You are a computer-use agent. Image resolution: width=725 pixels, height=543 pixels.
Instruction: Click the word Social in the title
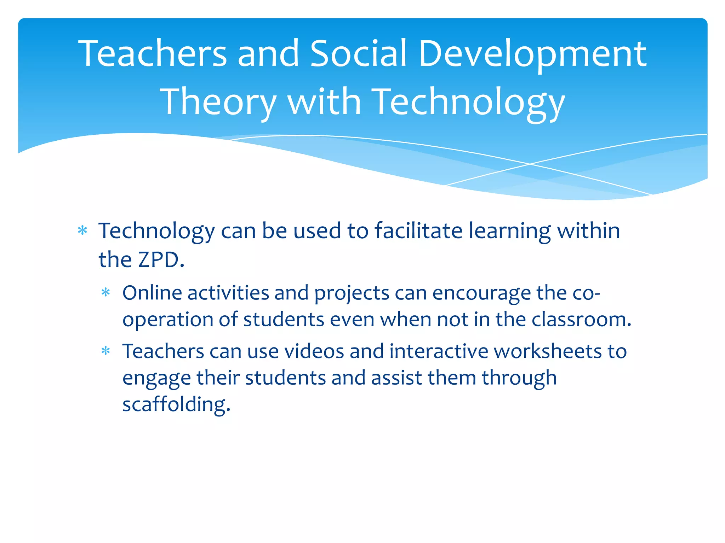[358, 54]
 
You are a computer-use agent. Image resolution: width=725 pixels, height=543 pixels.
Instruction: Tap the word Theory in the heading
[218, 103]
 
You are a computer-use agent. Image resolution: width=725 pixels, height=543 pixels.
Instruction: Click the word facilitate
[418, 231]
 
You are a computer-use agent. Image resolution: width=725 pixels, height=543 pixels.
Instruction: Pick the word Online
[152, 293]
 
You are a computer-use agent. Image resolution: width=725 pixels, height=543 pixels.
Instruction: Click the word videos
[314, 351]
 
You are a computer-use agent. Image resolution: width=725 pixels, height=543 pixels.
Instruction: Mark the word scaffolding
[176, 404]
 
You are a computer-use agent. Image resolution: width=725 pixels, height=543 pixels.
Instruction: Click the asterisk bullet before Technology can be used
[82, 231]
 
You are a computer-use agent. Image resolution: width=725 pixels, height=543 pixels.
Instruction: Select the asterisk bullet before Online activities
[106, 292]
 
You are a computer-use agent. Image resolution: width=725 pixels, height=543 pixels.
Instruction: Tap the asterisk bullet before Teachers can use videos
[106, 351]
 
